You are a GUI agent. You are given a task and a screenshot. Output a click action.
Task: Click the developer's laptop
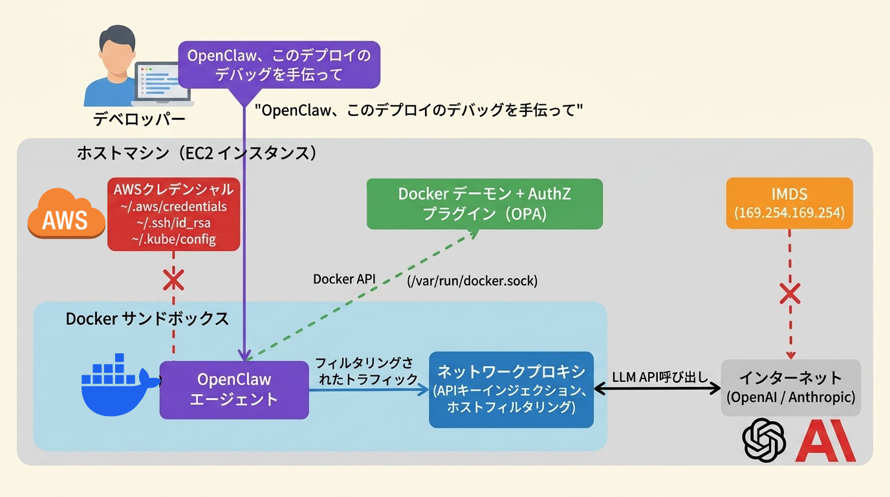[163, 84]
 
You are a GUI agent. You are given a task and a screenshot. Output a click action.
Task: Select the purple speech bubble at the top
[279, 65]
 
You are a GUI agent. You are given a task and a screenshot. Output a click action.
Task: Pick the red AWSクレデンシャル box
[173, 215]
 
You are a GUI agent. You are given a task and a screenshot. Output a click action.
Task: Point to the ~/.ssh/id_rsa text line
[173, 223]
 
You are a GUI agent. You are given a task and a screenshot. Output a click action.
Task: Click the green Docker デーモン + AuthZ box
[484, 204]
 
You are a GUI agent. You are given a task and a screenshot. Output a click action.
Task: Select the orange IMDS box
[789, 203]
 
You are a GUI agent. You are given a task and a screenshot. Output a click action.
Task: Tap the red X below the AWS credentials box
[173, 281]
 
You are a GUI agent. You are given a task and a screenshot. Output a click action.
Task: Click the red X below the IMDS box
[789, 294]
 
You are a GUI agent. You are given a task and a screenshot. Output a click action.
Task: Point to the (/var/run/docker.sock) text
[472, 281]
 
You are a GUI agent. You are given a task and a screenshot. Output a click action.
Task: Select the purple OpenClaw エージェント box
[234, 390]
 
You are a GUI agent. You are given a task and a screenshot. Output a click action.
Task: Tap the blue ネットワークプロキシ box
[511, 390]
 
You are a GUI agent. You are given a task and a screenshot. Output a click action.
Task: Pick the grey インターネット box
[791, 387]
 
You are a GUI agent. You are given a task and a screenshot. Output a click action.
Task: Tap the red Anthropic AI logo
[825, 442]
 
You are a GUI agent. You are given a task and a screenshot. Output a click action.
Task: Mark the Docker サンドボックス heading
[147, 319]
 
